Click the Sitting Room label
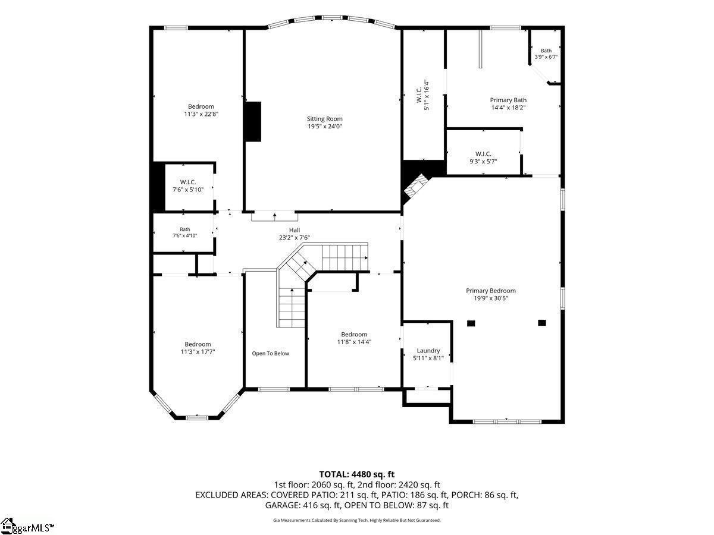(x=325, y=119)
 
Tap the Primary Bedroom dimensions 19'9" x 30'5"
(x=491, y=298)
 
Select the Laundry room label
(x=428, y=351)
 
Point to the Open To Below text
(x=270, y=354)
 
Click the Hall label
(x=295, y=230)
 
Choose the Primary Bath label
(x=508, y=100)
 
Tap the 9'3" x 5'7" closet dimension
(x=483, y=161)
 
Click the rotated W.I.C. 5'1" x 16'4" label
(x=422, y=95)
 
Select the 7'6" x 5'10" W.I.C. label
(x=188, y=186)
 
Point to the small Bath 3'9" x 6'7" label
(x=546, y=53)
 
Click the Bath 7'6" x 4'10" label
(x=185, y=232)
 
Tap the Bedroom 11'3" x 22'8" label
(x=201, y=110)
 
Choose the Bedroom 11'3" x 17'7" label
(x=198, y=348)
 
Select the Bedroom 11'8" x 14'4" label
(x=354, y=338)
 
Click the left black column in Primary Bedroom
(x=471, y=323)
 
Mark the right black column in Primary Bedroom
(x=542, y=323)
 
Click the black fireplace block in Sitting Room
(x=253, y=122)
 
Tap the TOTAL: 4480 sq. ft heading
(x=357, y=474)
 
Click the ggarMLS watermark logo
(x=27, y=526)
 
